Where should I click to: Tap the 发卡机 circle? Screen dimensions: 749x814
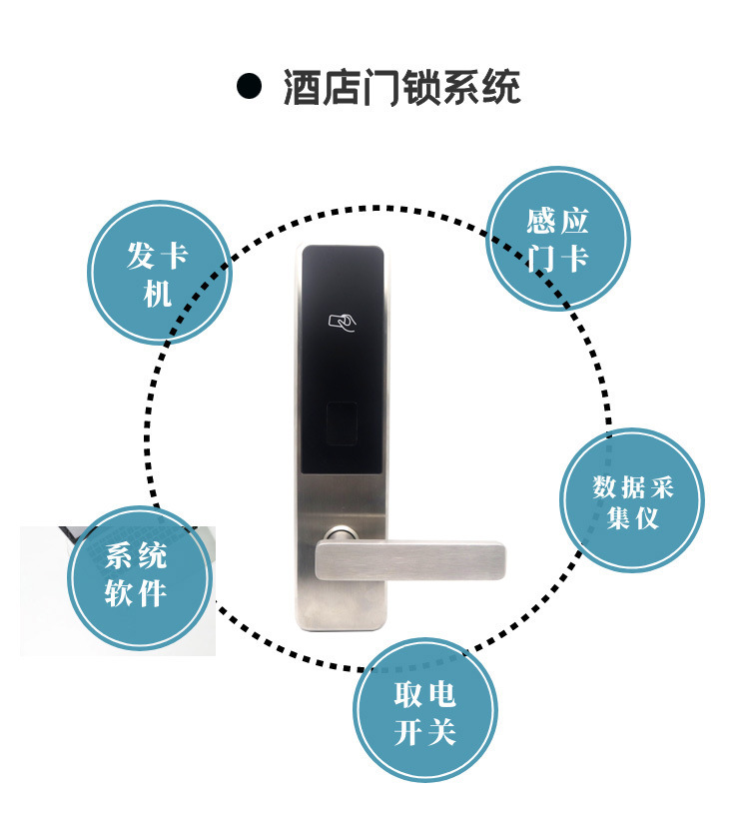pyautogui.click(x=160, y=273)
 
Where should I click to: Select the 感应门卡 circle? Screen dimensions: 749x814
pyautogui.click(x=558, y=239)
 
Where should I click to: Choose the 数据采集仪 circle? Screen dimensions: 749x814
pyautogui.click(x=633, y=501)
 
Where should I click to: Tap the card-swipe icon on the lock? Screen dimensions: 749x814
pyautogui.click(x=343, y=323)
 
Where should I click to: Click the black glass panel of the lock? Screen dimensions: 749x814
pyautogui.click(x=343, y=360)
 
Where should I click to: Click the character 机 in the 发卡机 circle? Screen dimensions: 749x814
pyautogui.click(x=158, y=293)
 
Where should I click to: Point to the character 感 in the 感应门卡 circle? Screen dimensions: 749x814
pyautogui.click(x=540, y=221)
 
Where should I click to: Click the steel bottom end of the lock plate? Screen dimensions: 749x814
pyautogui.click(x=343, y=614)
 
